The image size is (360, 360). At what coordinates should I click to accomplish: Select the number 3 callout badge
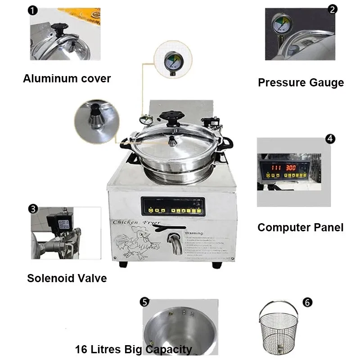(33, 209)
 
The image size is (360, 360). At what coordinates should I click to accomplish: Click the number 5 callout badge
(144, 301)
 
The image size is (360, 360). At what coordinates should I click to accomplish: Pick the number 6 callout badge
(308, 302)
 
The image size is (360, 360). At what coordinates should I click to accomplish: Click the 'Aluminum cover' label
(67, 79)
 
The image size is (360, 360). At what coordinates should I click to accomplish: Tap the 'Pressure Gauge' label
(301, 83)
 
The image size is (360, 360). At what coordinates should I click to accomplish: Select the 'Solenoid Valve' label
(67, 278)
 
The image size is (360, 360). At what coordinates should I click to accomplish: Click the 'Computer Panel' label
(300, 228)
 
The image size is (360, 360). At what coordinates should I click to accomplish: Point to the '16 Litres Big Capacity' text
(133, 350)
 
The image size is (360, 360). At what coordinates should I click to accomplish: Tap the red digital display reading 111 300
(283, 167)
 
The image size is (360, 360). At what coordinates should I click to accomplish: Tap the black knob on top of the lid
(171, 116)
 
